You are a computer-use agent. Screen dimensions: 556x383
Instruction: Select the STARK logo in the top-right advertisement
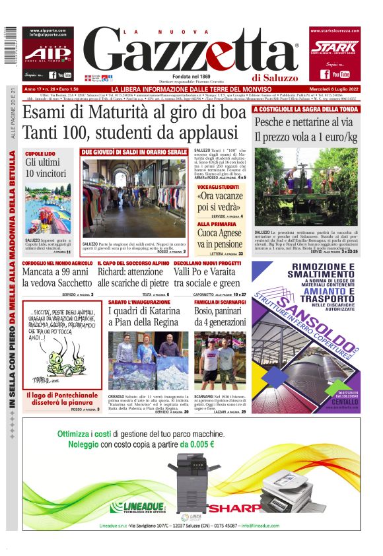pyautogui.click(x=333, y=46)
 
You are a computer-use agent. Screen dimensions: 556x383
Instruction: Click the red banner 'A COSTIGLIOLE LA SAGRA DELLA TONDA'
pyautogui.click(x=307, y=109)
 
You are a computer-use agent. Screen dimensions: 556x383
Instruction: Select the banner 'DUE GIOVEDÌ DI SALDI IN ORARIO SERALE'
pyautogui.click(x=135, y=153)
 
